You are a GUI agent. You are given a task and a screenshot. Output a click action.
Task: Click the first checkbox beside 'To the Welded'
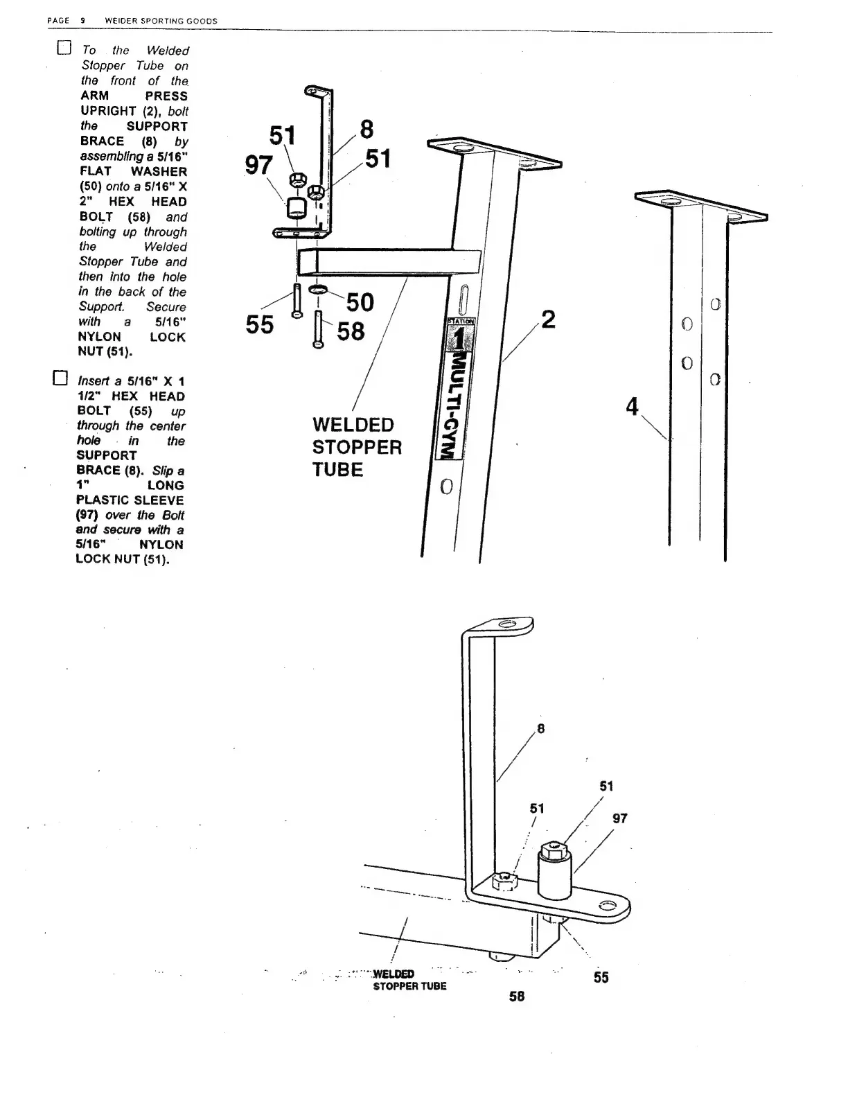click(x=64, y=49)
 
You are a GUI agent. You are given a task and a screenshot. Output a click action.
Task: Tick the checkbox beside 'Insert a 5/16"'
click(x=61, y=378)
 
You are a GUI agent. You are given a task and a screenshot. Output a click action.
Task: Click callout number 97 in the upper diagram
click(x=259, y=166)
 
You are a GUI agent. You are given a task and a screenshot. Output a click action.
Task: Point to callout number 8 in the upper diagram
click(x=366, y=129)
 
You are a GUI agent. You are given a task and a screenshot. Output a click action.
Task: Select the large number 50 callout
click(x=360, y=302)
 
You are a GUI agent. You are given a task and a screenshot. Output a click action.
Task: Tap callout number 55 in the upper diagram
click(x=260, y=324)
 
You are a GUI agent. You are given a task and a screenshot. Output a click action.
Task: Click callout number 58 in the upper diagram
click(x=351, y=331)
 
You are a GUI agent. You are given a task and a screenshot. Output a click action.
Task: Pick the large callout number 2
click(x=548, y=320)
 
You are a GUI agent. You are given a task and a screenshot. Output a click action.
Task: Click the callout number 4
click(x=632, y=406)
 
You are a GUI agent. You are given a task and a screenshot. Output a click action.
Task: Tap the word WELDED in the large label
click(x=353, y=425)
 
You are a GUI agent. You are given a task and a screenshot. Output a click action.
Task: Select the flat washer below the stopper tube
click(x=318, y=289)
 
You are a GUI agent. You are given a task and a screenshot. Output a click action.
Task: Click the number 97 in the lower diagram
click(x=619, y=818)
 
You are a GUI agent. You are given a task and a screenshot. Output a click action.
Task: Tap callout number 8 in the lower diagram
click(x=540, y=728)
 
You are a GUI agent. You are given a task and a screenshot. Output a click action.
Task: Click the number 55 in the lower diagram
click(x=601, y=977)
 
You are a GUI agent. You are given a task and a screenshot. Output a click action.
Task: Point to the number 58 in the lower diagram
click(x=517, y=996)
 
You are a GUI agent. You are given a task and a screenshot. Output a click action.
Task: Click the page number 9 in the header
click(x=82, y=21)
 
